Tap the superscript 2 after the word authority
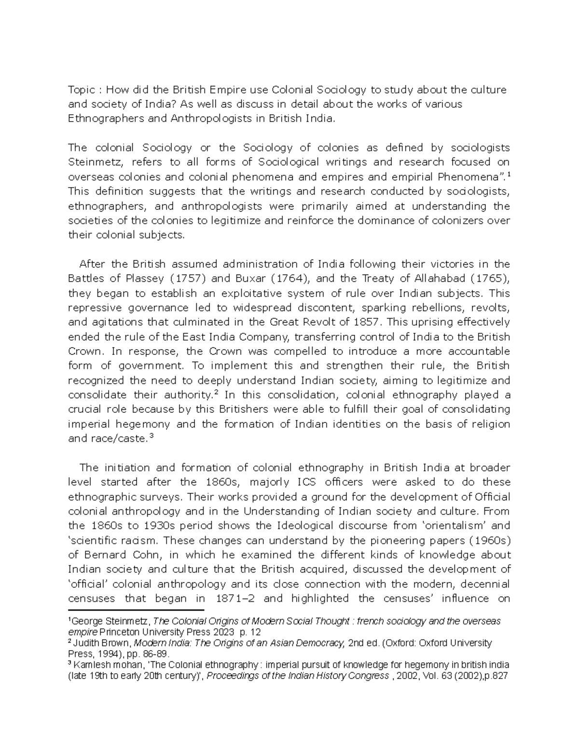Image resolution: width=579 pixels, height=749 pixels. [217, 393]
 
